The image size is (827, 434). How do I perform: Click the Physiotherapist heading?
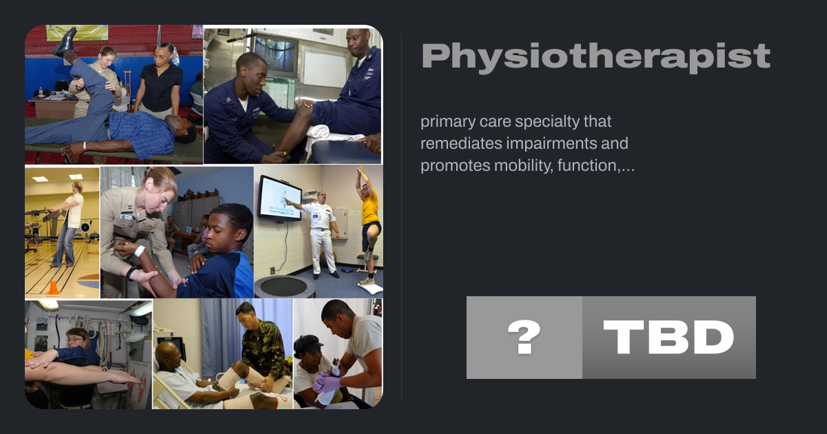[596, 56]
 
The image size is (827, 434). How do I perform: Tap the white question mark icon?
[524, 337]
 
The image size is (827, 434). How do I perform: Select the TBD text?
[668, 337]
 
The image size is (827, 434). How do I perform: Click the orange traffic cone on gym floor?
[53, 288]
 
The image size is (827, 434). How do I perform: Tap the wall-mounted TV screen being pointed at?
[280, 198]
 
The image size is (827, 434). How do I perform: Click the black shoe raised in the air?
[65, 41]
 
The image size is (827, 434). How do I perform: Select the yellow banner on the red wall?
[77, 32]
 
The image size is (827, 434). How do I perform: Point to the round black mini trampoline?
[283, 287]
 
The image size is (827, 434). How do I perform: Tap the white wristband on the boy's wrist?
[139, 251]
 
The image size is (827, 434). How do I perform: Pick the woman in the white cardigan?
[70, 224]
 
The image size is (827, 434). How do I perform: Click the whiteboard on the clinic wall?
[325, 69]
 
